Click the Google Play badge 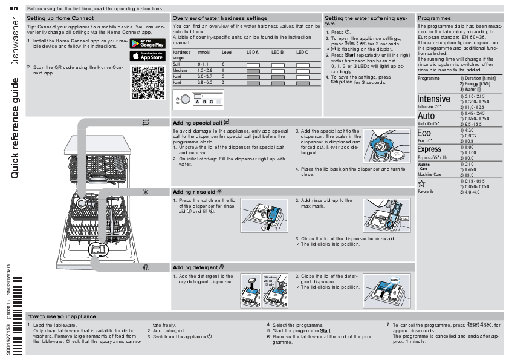148,43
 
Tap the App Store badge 148,56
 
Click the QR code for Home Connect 148,83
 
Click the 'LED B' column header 277,53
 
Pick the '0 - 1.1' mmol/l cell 203,64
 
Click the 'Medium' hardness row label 180,70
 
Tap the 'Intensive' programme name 433,99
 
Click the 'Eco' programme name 424,133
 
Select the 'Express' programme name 429,149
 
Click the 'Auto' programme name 426,116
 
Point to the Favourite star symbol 421,183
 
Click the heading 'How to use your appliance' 62,316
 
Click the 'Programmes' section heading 434,19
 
